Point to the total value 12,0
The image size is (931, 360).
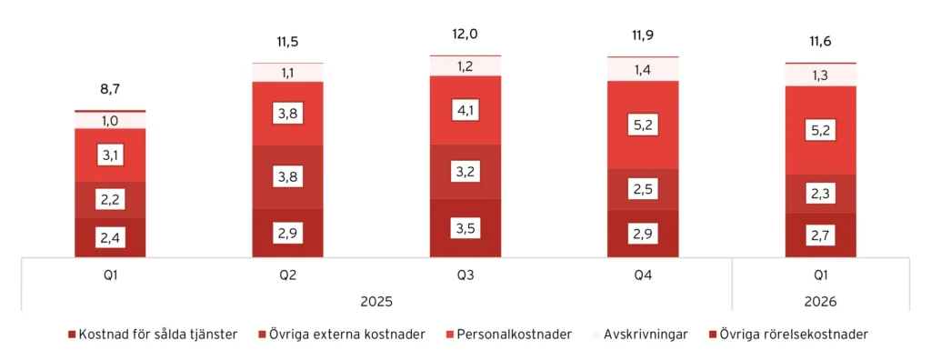point(465,35)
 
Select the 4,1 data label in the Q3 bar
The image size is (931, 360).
point(465,110)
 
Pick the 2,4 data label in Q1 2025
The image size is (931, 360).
point(110,238)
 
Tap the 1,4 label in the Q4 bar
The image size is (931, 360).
point(643,69)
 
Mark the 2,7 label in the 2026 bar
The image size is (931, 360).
point(820,235)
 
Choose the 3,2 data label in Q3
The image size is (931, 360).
point(465,171)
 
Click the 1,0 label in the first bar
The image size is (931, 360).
point(110,120)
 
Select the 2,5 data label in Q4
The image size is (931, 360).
point(643,189)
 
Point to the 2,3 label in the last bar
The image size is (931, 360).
point(820,194)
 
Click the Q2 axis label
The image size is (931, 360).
point(288,271)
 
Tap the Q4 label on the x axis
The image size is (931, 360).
point(643,271)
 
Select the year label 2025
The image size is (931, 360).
point(376,300)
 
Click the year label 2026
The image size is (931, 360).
point(820,300)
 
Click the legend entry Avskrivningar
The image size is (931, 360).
point(648,335)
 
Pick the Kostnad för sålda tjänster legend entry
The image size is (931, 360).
point(153,335)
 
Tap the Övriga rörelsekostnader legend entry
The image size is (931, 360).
point(793,335)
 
